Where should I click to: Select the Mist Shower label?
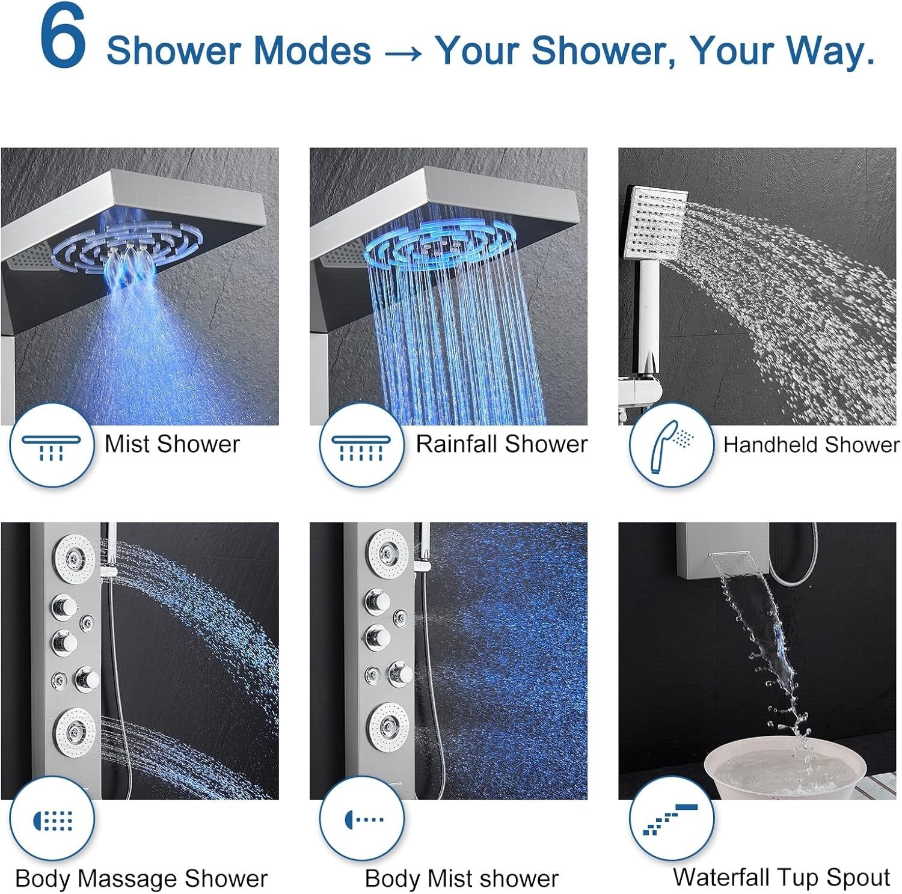tap(172, 444)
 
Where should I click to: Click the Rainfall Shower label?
tap(502, 444)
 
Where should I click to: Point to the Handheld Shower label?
tap(811, 445)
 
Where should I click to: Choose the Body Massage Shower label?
tap(141, 878)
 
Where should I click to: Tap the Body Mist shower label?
tap(461, 878)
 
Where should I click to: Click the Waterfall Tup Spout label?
tap(781, 877)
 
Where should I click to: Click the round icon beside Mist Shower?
tap(52, 445)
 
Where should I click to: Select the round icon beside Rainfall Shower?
tap(361, 445)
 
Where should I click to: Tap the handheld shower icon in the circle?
tap(671, 445)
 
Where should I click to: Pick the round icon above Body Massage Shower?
tap(52, 819)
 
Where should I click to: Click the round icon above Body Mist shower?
tap(361, 819)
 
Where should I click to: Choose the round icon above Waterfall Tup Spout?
tap(671, 819)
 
